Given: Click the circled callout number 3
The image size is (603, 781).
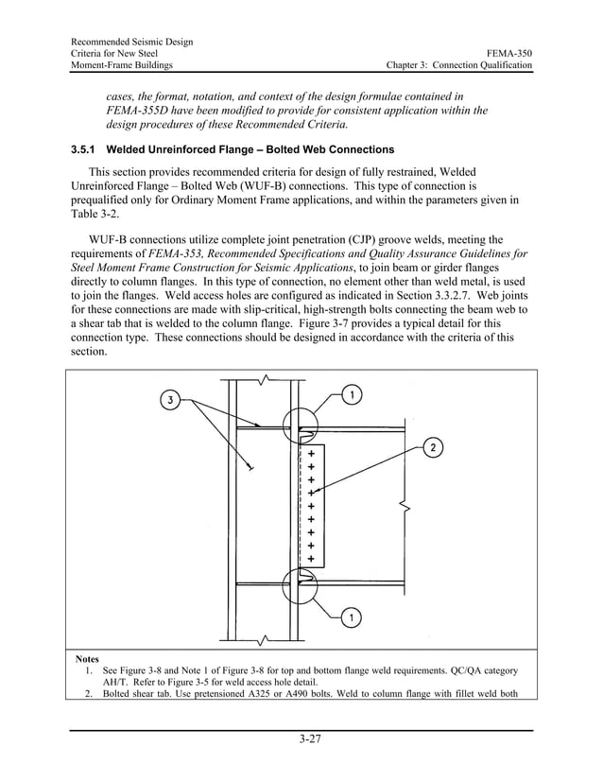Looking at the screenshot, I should coord(170,400).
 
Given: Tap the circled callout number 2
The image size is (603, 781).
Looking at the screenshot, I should coord(432,446).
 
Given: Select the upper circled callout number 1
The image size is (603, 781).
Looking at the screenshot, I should coord(351,394).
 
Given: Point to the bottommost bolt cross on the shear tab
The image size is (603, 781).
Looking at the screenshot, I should coord(311,559).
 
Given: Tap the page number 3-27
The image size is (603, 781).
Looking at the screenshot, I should coord(301,738).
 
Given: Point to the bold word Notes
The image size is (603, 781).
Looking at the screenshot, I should coord(87,658).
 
